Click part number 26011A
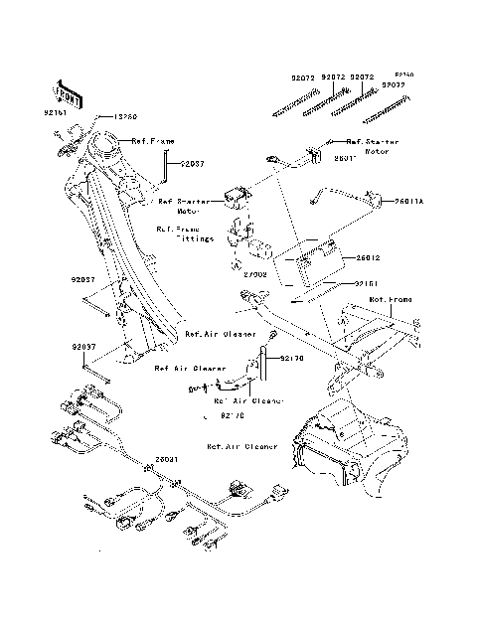[409, 200]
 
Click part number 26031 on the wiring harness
[166, 461]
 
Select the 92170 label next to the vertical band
[289, 356]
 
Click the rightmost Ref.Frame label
[391, 298]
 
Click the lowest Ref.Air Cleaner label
[241, 447]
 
